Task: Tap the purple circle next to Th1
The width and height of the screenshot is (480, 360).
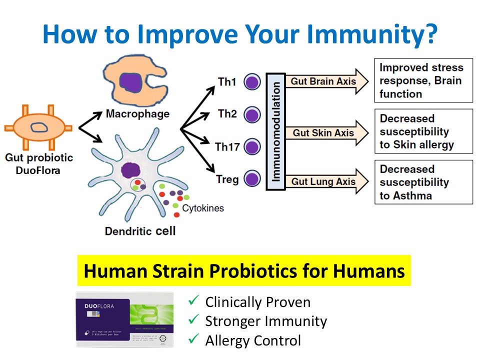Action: [x=252, y=82]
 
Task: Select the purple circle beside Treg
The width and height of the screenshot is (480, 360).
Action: [x=252, y=178]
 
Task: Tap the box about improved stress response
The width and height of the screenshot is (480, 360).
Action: [x=423, y=80]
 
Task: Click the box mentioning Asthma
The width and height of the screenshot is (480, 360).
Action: [x=423, y=182]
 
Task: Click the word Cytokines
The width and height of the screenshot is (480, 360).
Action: [x=203, y=208]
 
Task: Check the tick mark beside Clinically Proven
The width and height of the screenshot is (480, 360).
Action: [x=193, y=301]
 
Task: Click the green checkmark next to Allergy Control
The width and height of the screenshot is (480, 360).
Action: [x=193, y=340]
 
